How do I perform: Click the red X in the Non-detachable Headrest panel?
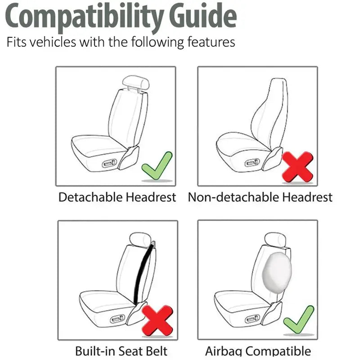(297, 166)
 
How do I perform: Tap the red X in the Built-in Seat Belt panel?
(157, 320)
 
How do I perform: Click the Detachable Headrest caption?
(117, 197)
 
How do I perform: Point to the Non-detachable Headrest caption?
(260, 197)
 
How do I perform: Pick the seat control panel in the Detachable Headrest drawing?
(110, 163)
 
